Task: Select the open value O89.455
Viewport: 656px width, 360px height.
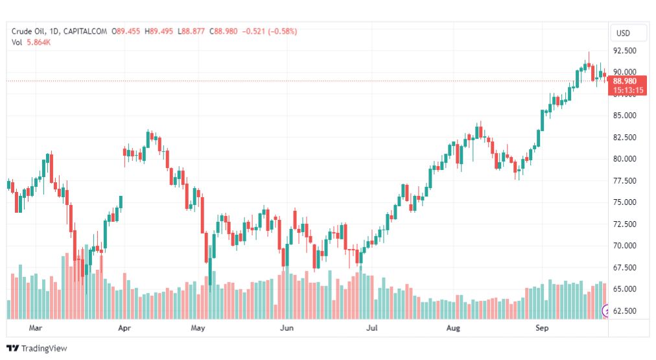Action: (126, 31)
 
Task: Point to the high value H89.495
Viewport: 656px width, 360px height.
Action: (159, 31)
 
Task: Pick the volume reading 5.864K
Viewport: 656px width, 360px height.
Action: (39, 42)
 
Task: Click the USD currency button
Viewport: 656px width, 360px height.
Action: (623, 32)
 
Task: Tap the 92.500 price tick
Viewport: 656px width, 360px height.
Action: (624, 51)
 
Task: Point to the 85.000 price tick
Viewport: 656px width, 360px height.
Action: (624, 115)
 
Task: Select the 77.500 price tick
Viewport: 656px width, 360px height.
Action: (624, 180)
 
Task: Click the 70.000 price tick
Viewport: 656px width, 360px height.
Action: (624, 245)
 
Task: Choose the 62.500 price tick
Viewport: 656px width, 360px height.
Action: (624, 311)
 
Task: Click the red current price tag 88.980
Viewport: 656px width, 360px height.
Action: (627, 81)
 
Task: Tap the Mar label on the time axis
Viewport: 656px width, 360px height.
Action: (36, 328)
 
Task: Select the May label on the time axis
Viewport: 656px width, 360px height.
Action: (198, 328)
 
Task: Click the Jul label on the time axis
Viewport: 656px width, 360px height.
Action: (372, 328)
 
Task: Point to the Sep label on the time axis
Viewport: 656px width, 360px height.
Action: (543, 328)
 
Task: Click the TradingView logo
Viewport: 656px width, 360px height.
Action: (38, 348)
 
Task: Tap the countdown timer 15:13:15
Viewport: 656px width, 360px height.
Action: (627, 90)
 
